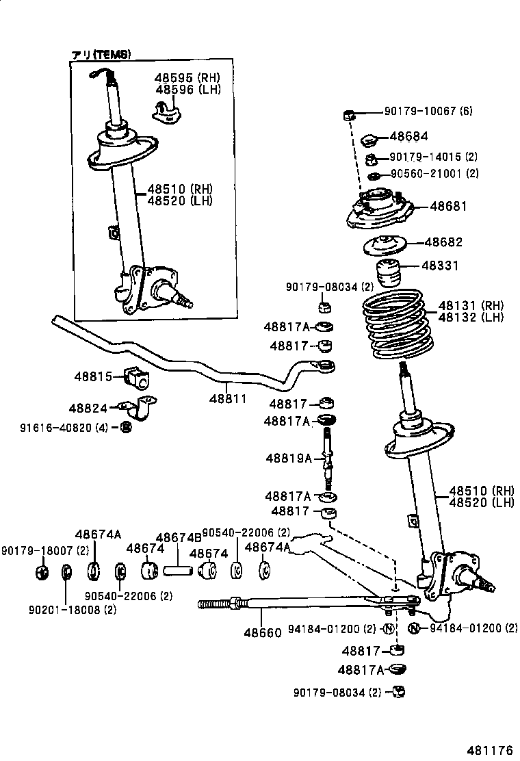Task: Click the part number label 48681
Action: tap(448, 206)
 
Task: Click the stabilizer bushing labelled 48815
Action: tap(136, 377)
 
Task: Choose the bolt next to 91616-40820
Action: tap(126, 428)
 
